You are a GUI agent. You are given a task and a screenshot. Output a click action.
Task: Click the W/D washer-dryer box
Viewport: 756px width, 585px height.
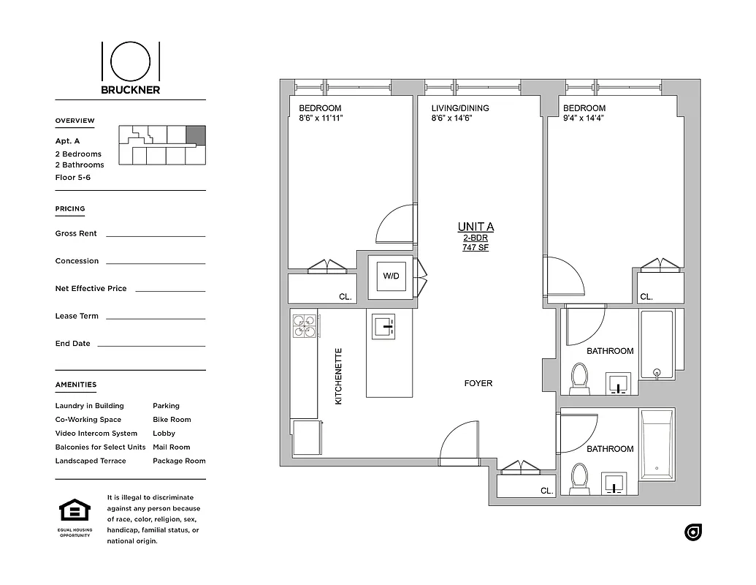pos(391,276)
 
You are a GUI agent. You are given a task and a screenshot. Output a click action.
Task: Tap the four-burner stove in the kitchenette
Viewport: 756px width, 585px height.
pos(305,325)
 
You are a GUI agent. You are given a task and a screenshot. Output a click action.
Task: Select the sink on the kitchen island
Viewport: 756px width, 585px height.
pos(383,326)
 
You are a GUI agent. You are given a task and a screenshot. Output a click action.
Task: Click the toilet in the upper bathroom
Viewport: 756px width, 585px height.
pos(580,377)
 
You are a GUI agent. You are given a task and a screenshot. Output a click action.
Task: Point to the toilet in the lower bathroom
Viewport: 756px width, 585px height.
pos(580,477)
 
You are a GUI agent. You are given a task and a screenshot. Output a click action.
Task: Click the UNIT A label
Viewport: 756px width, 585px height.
pos(475,227)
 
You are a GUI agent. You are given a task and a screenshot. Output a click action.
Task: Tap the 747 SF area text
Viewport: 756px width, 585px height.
pos(475,248)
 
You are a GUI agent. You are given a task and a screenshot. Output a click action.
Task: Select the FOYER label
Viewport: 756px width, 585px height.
pos(478,383)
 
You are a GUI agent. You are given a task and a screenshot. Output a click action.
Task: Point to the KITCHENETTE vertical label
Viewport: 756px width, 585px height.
pos(339,376)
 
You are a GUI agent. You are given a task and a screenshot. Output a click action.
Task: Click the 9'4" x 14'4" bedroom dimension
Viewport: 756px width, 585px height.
pos(583,118)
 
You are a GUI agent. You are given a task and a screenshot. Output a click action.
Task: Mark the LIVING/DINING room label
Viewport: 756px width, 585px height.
pos(460,108)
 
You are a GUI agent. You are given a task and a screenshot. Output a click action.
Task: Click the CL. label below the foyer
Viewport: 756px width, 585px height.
pos(546,491)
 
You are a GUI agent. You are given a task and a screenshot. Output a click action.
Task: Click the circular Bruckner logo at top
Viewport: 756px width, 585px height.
pos(131,61)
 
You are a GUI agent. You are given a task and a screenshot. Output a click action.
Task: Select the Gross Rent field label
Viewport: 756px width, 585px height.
pos(76,234)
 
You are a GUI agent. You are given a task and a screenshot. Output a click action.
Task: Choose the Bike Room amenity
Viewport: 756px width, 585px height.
pos(172,420)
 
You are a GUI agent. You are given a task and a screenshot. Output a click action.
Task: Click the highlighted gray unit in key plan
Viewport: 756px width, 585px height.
pos(196,135)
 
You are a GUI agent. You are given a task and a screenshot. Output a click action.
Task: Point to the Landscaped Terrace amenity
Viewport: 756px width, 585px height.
pos(91,461)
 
